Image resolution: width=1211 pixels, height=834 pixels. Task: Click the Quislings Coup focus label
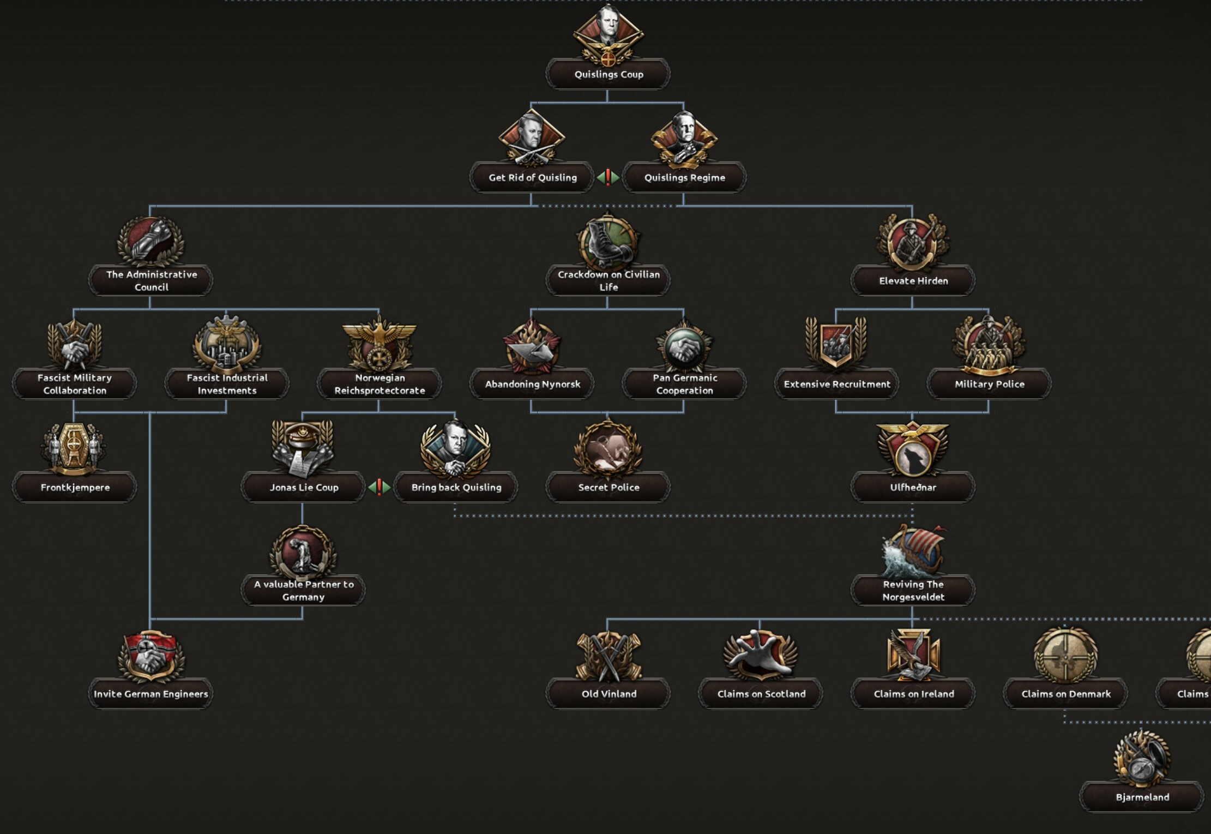(608, 74)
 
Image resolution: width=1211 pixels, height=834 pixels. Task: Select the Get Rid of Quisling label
(532, 177)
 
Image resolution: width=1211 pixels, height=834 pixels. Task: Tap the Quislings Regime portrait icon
(684, 139)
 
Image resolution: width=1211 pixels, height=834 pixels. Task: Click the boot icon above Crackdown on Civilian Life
(608, 242)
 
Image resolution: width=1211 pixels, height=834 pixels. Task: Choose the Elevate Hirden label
(913, 281)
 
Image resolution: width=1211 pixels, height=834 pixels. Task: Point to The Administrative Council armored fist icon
(151, 242)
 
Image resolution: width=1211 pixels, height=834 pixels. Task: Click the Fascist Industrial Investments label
(227, 384)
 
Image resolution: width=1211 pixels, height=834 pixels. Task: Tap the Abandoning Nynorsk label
(532, 384)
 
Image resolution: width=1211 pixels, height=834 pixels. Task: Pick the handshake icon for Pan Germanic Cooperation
(684, 345)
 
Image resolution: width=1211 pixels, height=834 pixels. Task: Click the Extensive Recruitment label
(837, 384)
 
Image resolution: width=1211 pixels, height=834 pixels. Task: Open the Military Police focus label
(989, 384)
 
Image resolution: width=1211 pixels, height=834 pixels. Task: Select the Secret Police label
(608, 487)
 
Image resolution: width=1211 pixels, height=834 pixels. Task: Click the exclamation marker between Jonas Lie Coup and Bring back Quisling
(379, 487)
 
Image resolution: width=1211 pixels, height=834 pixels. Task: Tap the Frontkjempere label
(75, 487)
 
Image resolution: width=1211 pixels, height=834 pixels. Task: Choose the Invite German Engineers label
(150, 694)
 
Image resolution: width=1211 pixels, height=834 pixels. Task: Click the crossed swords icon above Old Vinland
(608, 656)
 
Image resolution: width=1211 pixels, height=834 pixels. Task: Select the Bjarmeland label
(1142, 797)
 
